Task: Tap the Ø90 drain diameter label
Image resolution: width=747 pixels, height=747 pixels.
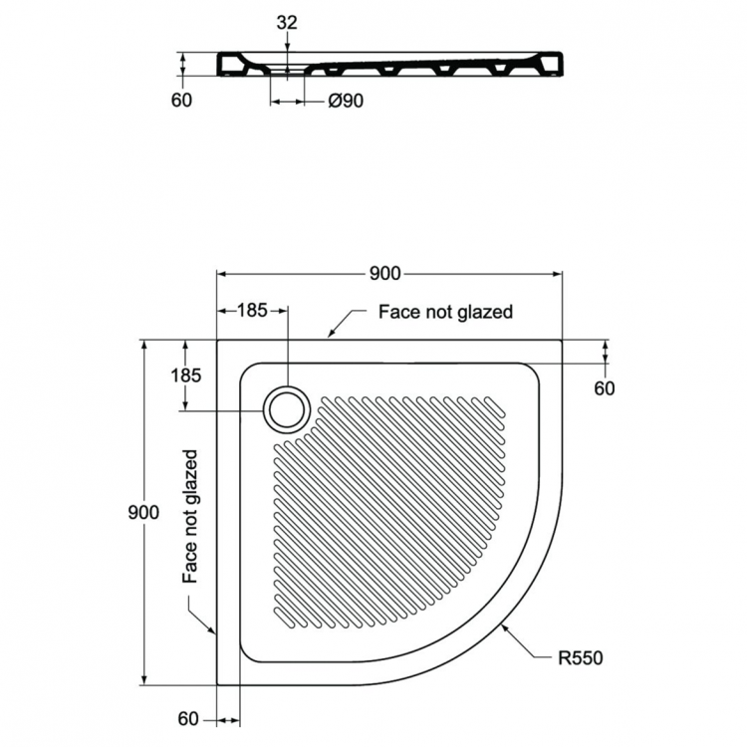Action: pos(345,102)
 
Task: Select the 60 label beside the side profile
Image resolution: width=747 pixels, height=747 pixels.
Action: pos(180,101)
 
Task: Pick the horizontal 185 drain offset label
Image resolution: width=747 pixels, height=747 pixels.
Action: pos(253,311)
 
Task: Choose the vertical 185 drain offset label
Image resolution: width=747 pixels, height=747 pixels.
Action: pos(186,375)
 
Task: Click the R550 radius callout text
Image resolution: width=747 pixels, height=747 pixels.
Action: pos(579,657)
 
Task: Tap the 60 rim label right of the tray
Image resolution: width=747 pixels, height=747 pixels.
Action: pos(605,388)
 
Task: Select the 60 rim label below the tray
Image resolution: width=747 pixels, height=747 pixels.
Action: pos(189,719)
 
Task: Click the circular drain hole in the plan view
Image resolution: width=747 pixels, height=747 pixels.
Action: pos(287,409)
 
